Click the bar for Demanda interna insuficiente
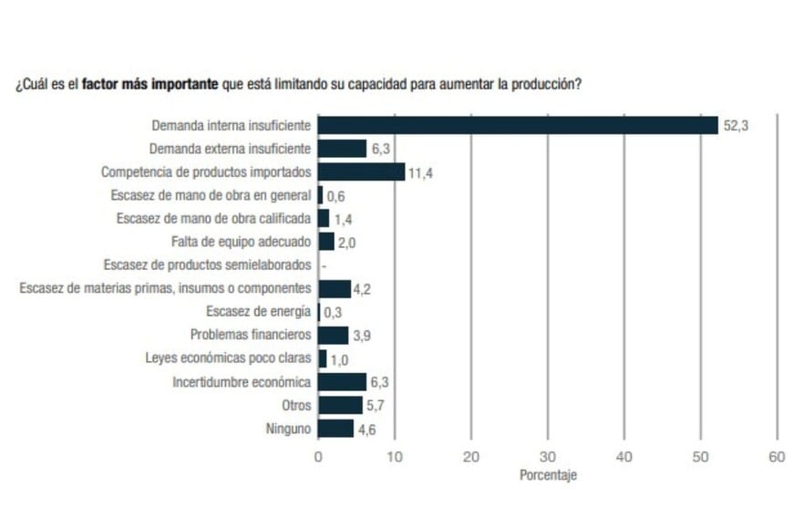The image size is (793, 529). click(x=518, y=126)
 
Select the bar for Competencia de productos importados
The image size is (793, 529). click(x=361, y=171)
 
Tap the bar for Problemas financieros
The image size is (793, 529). click(x=333, y=336)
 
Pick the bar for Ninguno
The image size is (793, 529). click(x=335, y=429)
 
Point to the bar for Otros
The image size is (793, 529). click(x=339, y=405)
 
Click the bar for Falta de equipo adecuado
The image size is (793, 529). click(x=325, y=242)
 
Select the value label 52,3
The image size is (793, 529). click(x=736, y=127)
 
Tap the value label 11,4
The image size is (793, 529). click(x=420, y=173)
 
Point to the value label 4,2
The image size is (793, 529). click(x=362, y=290)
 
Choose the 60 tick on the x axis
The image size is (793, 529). click(x=777, y=457)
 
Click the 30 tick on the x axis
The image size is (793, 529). click(x=547, y=457)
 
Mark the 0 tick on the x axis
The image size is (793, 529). click(x=318, y=457)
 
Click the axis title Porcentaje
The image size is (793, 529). click(x=548, y=475)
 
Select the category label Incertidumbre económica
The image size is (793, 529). click(x=242, y=382)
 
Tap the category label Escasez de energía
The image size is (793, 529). click(x=258, y=312)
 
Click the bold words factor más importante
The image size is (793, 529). click(x=149, y=83)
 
